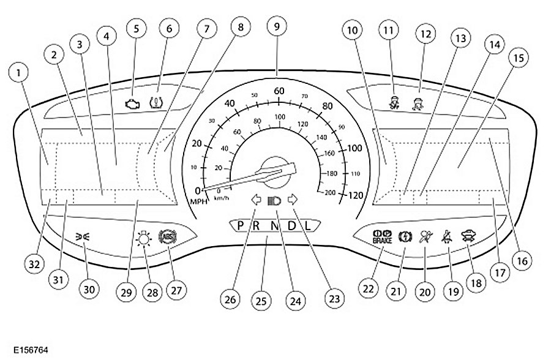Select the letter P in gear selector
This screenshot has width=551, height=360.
point(241,225)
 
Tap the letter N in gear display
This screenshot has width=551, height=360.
point(275,225)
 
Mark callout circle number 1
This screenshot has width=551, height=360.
point(20,75)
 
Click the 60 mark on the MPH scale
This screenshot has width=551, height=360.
point(279,91)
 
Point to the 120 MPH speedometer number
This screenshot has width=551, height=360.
point(355,196)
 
